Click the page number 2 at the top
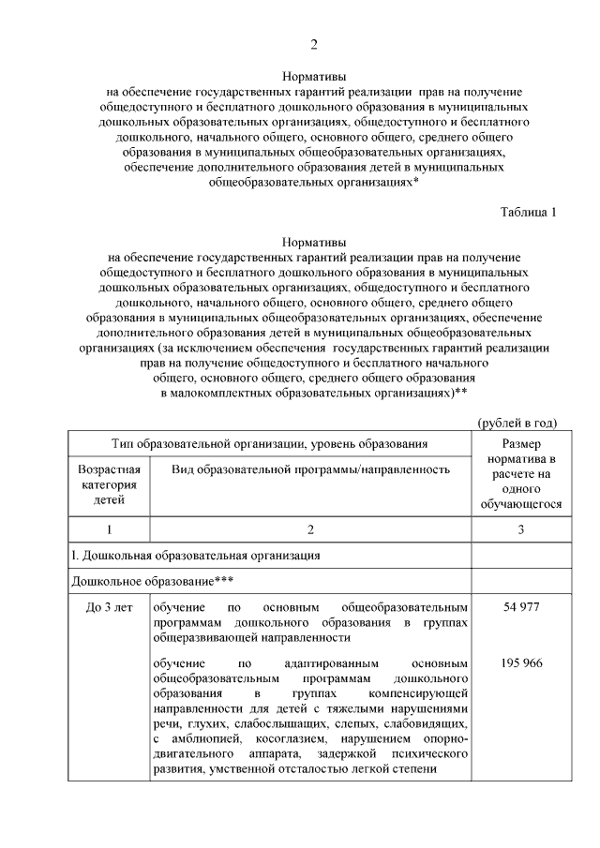[314, 44]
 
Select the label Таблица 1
[528, 211]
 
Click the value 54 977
[520, 607]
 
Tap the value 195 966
[520, 663]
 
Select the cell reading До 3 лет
[109, 607]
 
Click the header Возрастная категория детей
[109, 484]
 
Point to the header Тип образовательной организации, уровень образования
[270, 442]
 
